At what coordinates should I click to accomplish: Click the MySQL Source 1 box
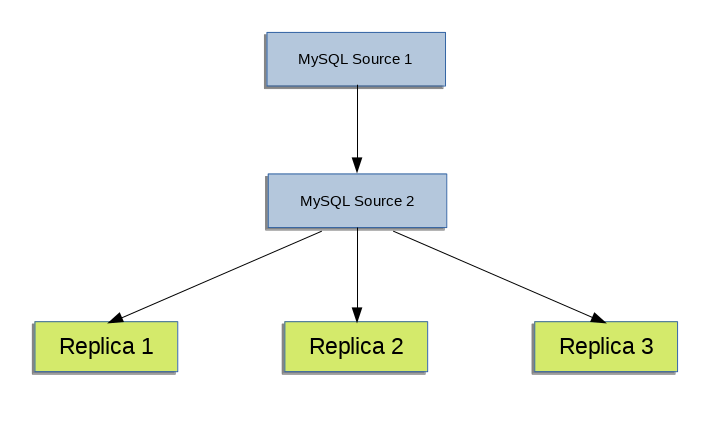point(355,59)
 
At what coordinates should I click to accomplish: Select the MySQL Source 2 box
point(356,200)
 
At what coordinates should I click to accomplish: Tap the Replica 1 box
point(105,346)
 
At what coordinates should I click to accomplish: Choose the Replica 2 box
point(356,346)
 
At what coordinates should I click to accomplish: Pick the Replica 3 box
point(605,346)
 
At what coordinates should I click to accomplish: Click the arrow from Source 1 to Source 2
point(357,125)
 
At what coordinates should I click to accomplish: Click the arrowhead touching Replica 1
point(116,318)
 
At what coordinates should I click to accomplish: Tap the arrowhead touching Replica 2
point(357,313)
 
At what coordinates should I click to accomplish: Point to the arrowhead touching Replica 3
point(598,318)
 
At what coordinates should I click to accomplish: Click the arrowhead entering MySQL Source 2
point(357,165)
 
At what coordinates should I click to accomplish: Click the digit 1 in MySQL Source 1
point(408,59)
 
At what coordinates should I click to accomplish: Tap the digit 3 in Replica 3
point(647,347)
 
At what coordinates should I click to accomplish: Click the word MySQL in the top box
point(318,60)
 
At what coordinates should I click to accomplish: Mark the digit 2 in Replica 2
point(397,347)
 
